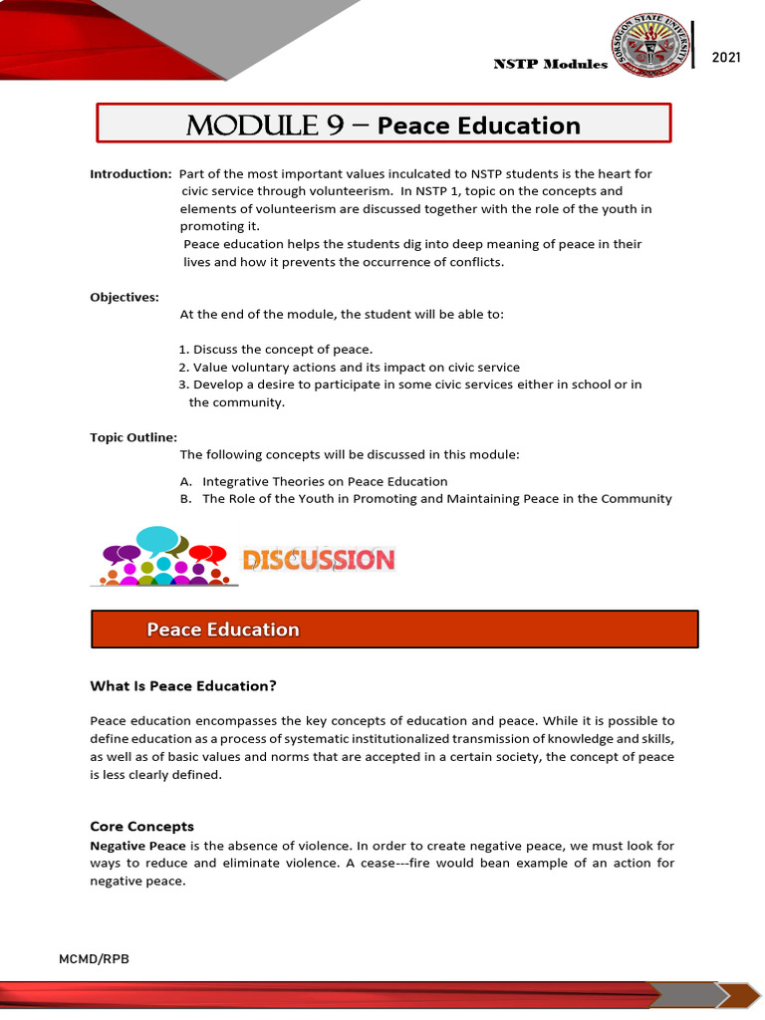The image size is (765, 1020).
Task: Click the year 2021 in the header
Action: pos(726,58)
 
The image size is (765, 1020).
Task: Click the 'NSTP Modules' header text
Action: pos(550,64)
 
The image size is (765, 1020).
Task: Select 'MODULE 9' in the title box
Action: pos(252,125)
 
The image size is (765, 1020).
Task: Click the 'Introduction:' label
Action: pos(130,173)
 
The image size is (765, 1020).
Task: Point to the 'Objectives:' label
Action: pos(125,297)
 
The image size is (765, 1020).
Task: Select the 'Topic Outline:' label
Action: pos(133,436)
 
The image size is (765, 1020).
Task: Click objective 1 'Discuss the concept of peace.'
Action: pos(276,349)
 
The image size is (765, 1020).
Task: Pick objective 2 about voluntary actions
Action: pos(349,367)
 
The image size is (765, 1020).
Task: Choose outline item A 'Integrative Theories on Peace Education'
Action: pos(314,481)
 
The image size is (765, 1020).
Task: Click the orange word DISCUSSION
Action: pos(319,560)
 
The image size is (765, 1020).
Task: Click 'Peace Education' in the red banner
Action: pos(223,630)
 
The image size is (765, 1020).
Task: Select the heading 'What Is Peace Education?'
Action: pos(182,685)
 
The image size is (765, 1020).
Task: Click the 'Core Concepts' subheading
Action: pos(141,826)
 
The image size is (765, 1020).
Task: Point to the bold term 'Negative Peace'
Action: pos(130,844)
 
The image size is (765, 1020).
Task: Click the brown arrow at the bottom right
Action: pos(738,995)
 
